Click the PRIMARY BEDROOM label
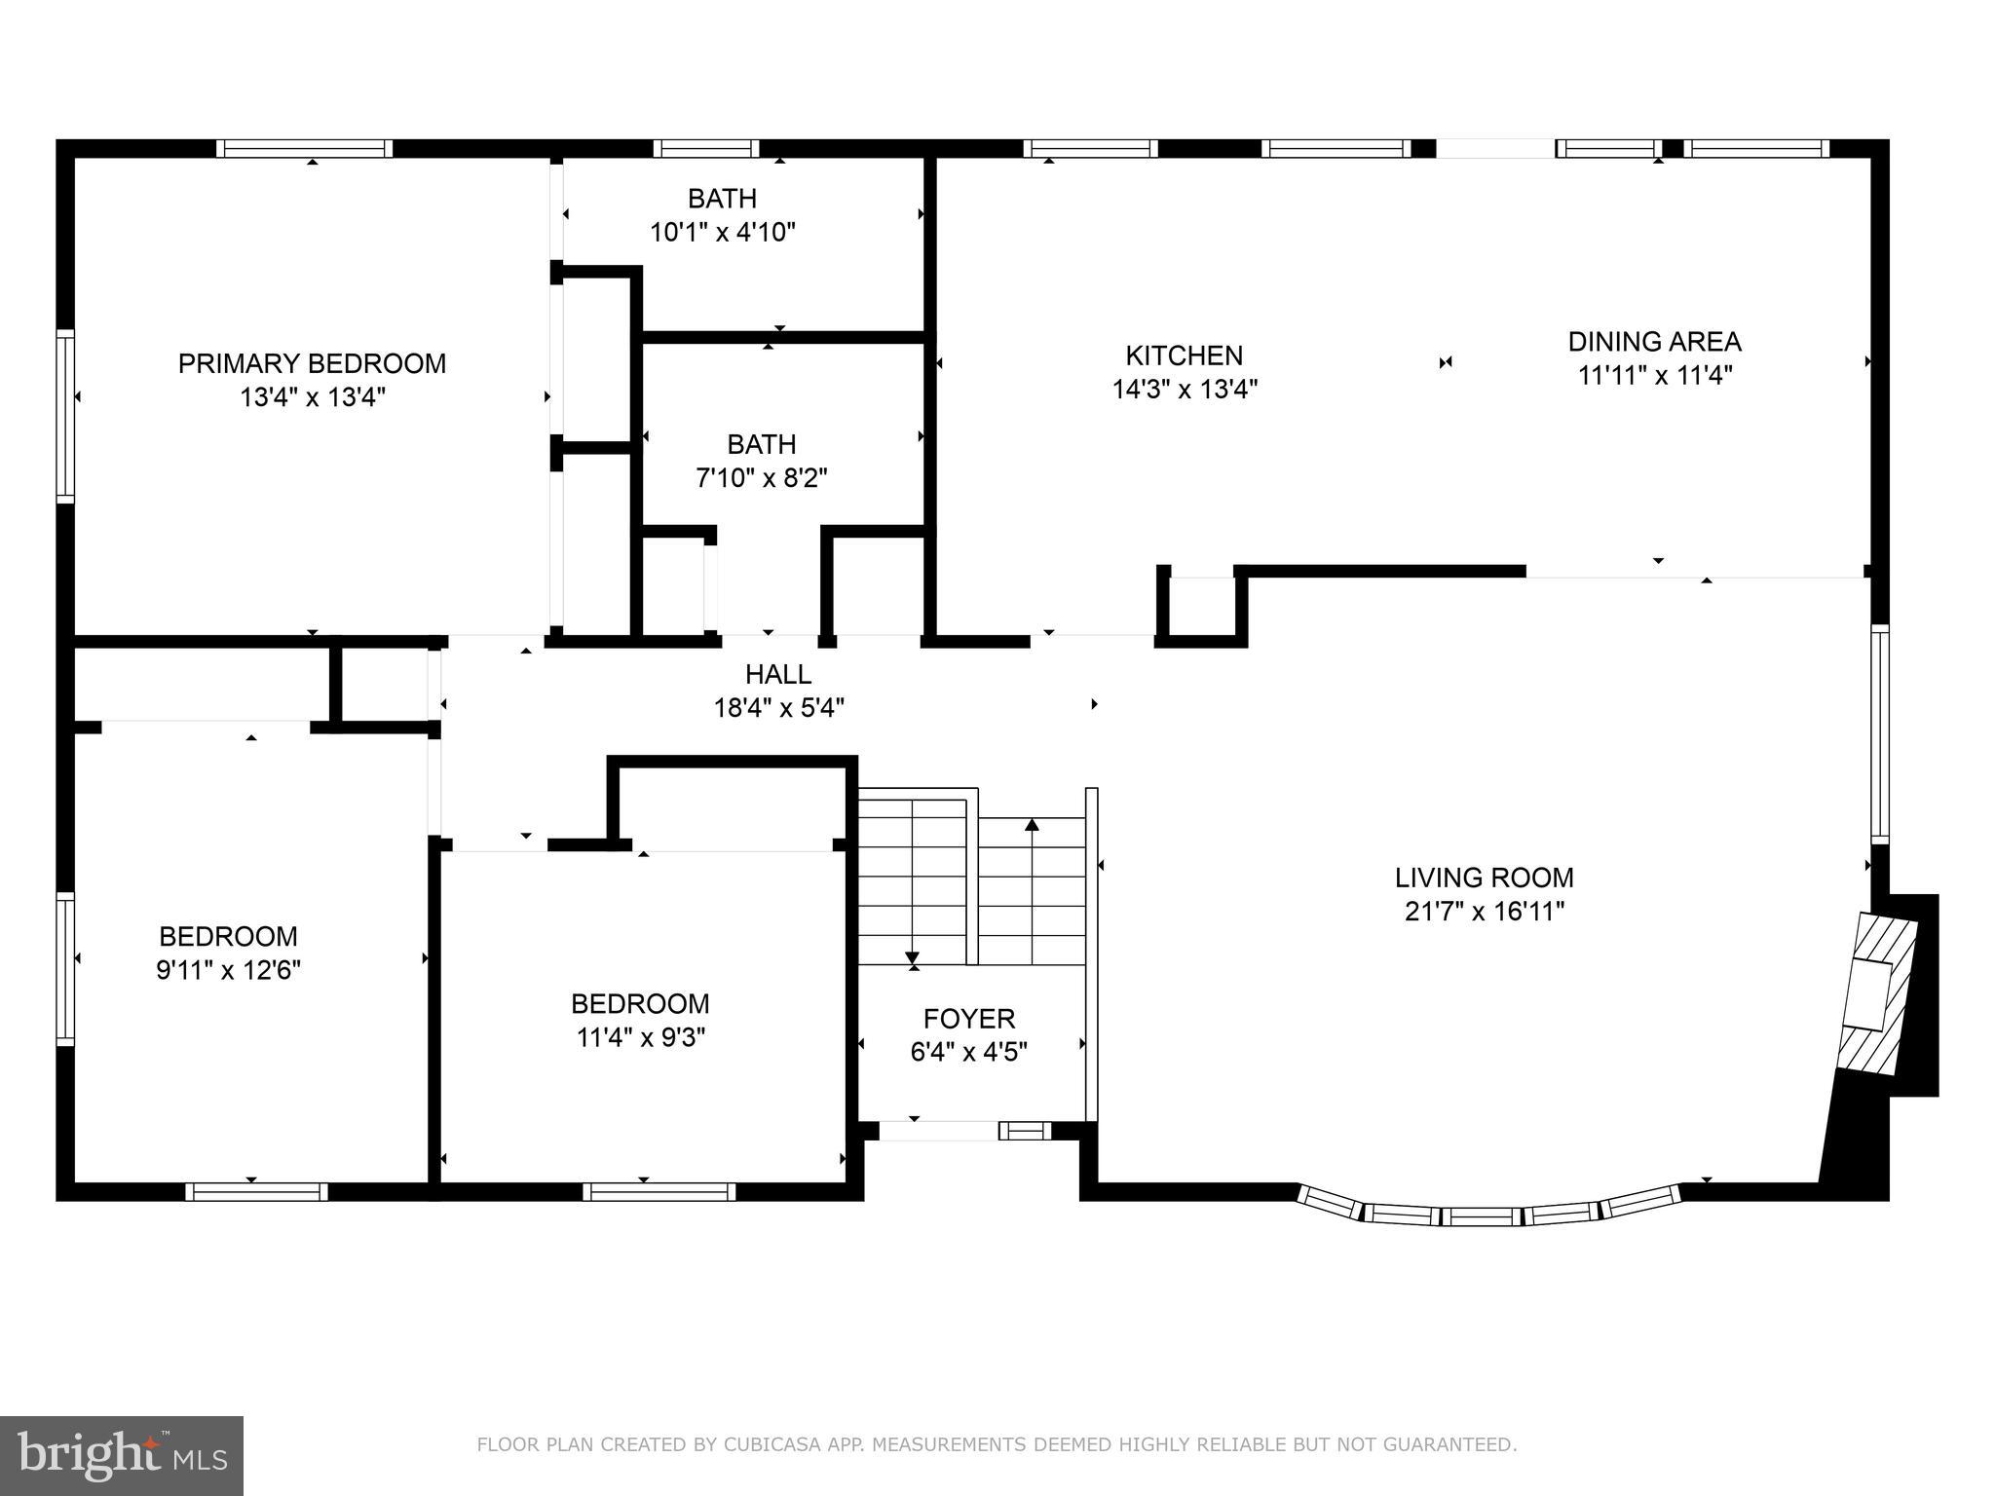[312, 363]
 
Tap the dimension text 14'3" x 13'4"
[1185, 390]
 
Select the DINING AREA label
[1654, 342]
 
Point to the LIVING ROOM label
[1484, 878]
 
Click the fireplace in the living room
[1875, 993]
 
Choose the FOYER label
[969, 1019]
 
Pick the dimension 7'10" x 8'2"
[762, 478]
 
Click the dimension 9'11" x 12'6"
[228, 970]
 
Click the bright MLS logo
[121, 1455]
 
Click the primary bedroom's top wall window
[304, 148]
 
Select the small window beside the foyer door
[1025, 1131]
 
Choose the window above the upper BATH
[705, 148]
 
